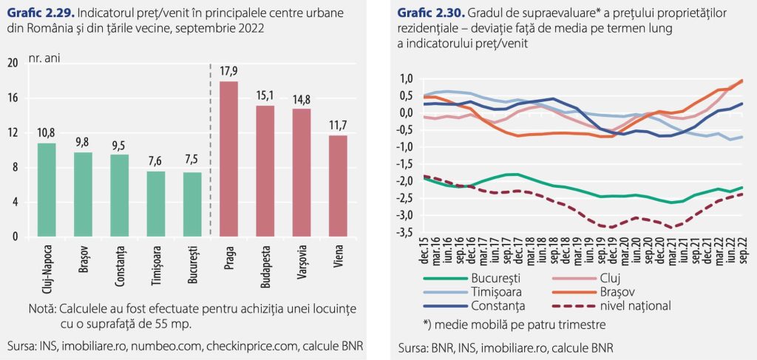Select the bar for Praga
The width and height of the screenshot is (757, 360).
pos(229,159)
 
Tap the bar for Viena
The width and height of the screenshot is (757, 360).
pos(338,186)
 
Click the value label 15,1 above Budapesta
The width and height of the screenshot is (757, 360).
pos(265,95)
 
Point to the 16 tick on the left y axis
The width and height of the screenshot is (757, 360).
pos(13,98)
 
